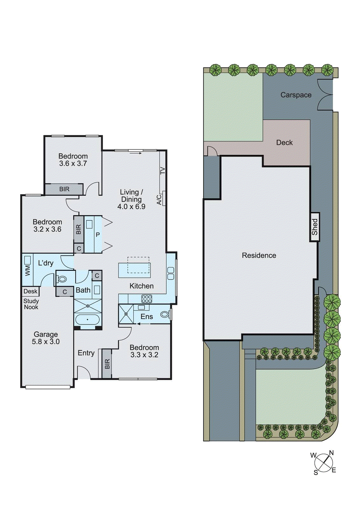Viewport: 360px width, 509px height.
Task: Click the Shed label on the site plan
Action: click(x=314, y=227)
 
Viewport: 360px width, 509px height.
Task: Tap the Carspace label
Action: click(x=296, y=95)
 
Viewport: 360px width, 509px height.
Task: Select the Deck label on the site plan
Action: click(x=284, y=143)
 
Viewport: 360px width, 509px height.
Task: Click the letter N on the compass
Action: click(x=331, y=453)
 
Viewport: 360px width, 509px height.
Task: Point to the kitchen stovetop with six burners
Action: click(x=147, y=299)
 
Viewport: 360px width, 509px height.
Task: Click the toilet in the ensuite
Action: click(x=165, y=315)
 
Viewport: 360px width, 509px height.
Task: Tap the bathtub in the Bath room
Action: click(x=88, y=319)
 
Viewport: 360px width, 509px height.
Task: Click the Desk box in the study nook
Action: click(x=31, y=291)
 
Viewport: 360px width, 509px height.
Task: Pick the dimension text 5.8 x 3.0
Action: click(x=46, y=342)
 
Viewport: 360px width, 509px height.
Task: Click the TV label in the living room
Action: click(x=163, y=171)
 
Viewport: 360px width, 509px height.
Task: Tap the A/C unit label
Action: click(x=159, y=199)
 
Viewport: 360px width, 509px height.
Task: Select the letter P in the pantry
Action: click(x=98, y=235)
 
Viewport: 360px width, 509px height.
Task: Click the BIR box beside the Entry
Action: click(x=107, y=364)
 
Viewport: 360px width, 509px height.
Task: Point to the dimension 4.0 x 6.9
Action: click(x=131, y=206)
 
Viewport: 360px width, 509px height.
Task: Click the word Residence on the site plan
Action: click(x=259, y=255)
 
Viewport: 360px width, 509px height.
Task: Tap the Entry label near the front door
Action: click(x=86, y=353)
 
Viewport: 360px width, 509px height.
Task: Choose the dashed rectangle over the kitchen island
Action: click(x=138, y=265)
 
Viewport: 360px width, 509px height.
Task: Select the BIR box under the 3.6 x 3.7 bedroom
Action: click(x=64, y=189)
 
